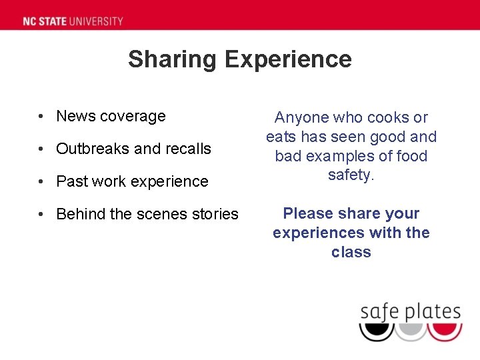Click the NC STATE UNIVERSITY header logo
73,21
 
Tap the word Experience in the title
288,59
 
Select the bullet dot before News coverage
41,117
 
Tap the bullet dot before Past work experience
41,181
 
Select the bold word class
351,253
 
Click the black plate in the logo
376,331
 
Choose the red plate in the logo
445,331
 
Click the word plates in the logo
430,312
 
